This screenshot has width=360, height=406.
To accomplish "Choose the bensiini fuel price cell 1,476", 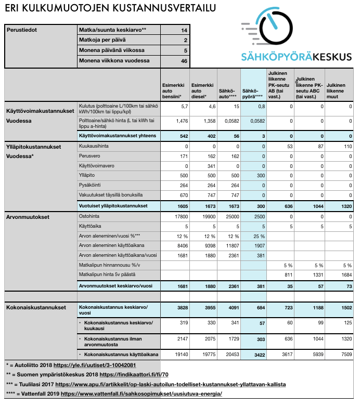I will coord(173,121).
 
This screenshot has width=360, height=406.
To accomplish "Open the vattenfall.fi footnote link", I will coord(142,394).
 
